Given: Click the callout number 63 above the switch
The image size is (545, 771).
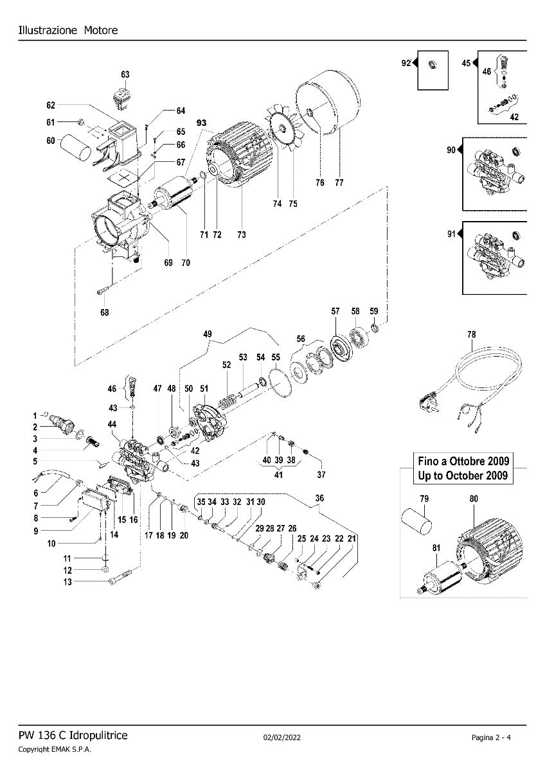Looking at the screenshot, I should tap(125, 75).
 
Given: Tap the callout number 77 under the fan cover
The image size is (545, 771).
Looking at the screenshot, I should tap(339, 183).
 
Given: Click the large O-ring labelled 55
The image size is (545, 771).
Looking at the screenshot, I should tap(280, 382).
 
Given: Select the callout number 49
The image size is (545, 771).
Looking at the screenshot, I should tap(207, 334).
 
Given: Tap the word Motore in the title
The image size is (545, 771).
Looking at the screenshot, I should tap(100, 30).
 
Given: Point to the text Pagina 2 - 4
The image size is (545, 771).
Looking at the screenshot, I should tap(491, 737).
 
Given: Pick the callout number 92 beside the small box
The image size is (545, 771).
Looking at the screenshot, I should tap(405, 63).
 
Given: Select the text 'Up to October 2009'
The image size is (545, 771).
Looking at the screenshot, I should tap(463, 476).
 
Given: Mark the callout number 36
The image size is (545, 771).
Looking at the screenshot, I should tap(319, 497).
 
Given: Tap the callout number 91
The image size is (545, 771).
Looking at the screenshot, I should tap(451, 234).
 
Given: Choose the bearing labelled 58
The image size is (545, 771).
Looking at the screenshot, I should tap(357, 337).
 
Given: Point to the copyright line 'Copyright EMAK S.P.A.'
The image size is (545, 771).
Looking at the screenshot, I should tap(55, 750).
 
